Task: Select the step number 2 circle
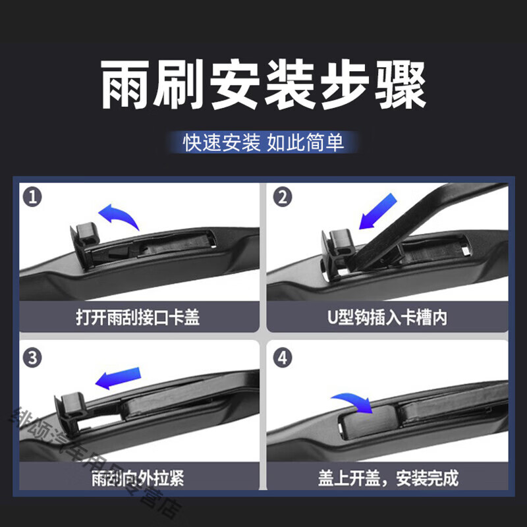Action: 282,196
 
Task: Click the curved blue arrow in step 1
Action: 119,215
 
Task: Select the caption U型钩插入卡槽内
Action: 388,319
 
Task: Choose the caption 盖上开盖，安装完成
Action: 388,478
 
